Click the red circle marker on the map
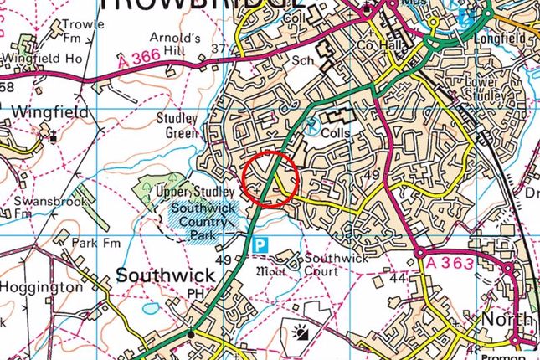pos(270,177)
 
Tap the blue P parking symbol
pos(261,244)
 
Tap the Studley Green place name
pos(177,125)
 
